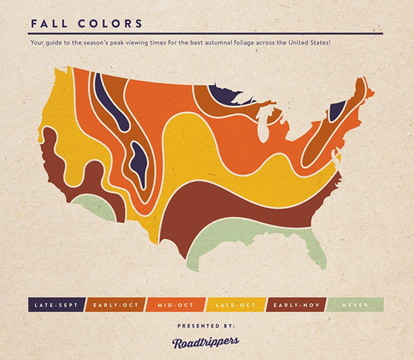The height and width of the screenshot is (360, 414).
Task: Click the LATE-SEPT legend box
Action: tap(55, 305)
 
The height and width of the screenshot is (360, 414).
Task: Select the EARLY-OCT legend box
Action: tap(114, 305)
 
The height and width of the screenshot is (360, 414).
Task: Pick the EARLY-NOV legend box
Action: tap(297, 305)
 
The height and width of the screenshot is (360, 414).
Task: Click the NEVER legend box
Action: tap(356, 305)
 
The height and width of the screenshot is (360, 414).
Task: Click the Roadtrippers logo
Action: tap(207, 341)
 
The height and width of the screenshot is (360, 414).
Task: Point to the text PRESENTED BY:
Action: tap(207, 325)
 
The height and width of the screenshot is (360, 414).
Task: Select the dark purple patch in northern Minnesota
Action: tap(225, 95)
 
